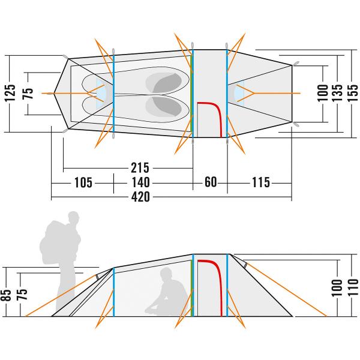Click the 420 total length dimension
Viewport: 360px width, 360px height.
pos(140,197)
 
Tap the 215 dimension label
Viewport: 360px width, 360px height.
pos(140,168)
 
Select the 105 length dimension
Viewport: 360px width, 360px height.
pos(83,183)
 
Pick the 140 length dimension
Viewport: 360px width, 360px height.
pos(140,183)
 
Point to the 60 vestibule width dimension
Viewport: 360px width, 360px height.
pos(211,182)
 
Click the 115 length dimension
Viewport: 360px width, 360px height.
pos(261,182)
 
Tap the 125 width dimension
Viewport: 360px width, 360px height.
pos(10,93)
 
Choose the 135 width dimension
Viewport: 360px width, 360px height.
pos(337,93)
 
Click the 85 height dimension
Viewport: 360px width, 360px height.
pos(6,295)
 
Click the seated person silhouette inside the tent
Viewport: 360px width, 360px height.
pos(166,292)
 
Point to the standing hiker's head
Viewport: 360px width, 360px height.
pos(73,217)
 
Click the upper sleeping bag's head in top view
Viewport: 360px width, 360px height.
pos(167,83)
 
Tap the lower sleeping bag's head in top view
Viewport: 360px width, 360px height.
pos(167,107)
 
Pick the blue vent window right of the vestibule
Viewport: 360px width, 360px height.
pos(239,93)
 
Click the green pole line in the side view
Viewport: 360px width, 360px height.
pos(192,289)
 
